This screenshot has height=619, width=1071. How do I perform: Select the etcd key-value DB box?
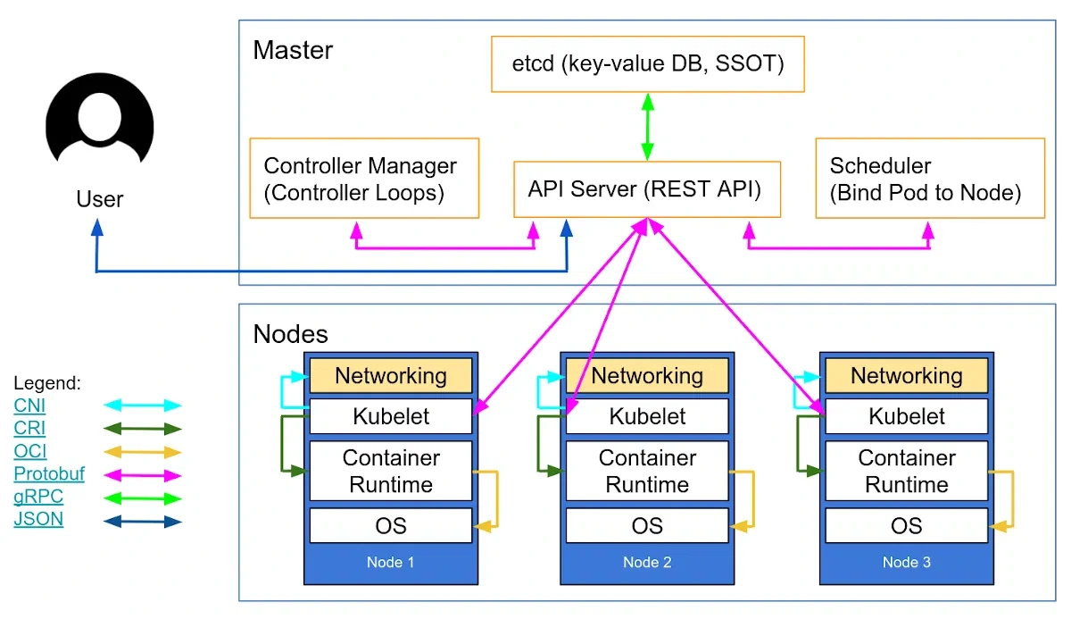[647, 64]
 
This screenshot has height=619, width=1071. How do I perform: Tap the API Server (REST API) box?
[647, 189]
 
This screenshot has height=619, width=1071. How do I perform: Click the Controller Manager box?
[364, 178]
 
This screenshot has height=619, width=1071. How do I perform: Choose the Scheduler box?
[929, 178]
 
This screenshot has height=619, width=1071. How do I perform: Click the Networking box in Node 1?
[390, 375]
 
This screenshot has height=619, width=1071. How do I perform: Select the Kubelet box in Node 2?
[647, 416]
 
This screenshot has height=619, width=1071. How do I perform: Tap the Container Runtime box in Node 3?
[905, 471]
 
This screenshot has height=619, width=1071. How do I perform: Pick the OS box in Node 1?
[390, 525]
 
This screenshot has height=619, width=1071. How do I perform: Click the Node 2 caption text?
[647, 563]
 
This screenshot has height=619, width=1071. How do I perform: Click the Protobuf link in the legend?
[49, 474]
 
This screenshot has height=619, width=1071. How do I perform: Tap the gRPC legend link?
[38, 497]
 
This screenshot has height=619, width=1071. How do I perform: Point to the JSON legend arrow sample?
[143, 521]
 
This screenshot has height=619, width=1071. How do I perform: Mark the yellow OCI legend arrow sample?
[143, 452]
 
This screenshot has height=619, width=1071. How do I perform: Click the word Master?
[293, 50]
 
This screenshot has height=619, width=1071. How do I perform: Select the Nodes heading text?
[291, 334]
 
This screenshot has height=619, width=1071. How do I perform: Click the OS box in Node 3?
[905, 525]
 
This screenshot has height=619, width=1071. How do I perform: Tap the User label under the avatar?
[100, 198]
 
